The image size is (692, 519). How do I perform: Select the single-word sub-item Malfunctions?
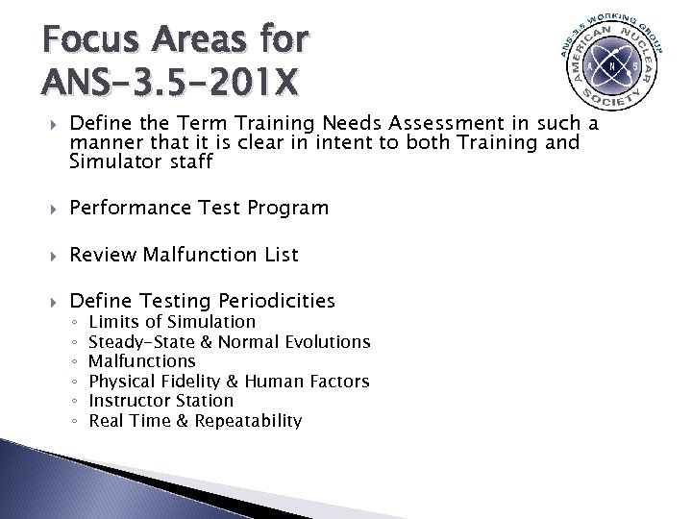tap(141, 361)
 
